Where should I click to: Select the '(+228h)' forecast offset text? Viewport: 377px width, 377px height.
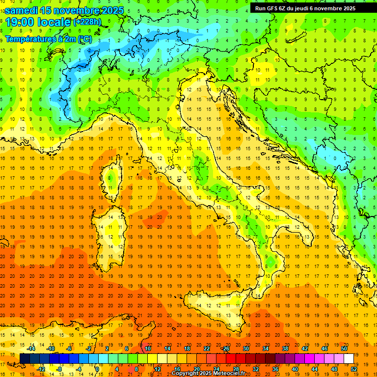tap(87, 22)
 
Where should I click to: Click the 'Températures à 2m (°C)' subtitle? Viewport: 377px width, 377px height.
tap(48, 39)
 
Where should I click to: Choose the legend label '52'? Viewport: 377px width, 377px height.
tap(354, 369)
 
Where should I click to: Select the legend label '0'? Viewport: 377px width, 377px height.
tap(97, 369)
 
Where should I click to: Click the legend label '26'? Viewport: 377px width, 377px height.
tap(226, 348)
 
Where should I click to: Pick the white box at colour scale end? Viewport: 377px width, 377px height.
tap(349, 358)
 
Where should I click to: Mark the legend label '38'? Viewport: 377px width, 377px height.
tap(285, 348)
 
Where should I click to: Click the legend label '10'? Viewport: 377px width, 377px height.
tap(148, 348)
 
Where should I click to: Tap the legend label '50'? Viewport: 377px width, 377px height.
tap(344, 348)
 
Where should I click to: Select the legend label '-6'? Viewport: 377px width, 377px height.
tap(70, 348)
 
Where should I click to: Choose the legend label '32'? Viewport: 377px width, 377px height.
tap(255, 369)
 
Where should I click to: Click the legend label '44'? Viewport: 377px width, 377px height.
tap(315, 369)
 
